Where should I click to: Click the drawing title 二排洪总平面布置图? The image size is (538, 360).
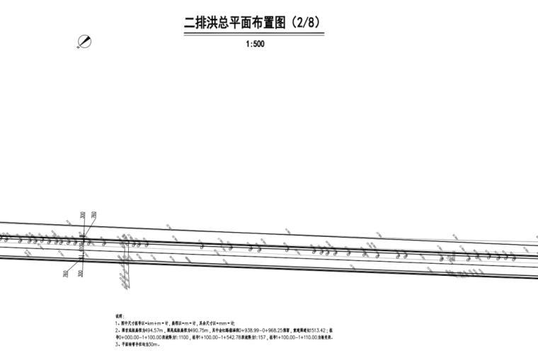[x=234, y=23]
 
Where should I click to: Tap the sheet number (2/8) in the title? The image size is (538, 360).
[x=304, y=23]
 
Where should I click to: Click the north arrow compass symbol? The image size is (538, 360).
[x=86, y=42]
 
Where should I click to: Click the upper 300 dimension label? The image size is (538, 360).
[x=83, y=215]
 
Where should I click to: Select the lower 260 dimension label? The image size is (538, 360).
[x=66, y=273]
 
